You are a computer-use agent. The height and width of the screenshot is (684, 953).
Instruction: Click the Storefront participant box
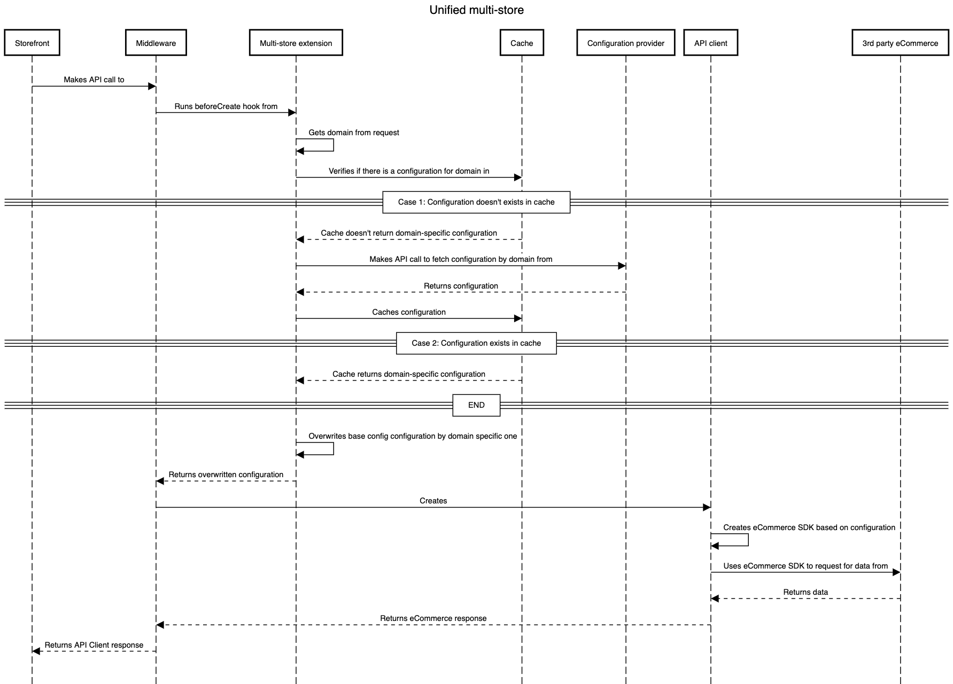click(x=32, y=43)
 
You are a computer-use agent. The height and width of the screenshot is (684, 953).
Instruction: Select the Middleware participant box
click(x=156, y=43)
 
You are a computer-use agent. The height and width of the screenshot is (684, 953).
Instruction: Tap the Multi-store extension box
click(x=296, y=43)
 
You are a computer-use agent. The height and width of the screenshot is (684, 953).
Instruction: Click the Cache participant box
click(x=522, y=43)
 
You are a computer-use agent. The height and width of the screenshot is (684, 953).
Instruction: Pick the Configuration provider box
click(x=625, y=43)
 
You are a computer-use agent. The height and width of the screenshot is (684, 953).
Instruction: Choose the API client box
click(x=710, y=43)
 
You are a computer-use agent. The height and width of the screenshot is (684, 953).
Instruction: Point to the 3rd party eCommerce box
click(x=900, y=43)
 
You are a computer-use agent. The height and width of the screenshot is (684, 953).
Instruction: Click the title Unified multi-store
click(x=476, y=10)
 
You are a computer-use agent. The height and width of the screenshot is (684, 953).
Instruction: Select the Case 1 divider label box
click(x=476, y=202)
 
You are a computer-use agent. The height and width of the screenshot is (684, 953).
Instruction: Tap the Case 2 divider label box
click(x=476, y=343)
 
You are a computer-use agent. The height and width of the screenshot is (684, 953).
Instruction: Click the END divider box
click(x=476, y=405)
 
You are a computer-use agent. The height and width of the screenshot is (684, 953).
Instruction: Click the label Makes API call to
click(x=94, y=80)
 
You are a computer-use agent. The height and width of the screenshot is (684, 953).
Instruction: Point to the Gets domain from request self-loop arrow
click(x=333, y=145)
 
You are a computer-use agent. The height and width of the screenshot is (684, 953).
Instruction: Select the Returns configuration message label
click(x=461, y=286)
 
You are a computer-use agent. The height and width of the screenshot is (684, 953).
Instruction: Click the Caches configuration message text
click(x=409, y=312)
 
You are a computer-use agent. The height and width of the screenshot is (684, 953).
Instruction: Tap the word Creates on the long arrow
click(x=433, y=501)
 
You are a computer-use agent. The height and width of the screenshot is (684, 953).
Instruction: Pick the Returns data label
click(x=805, y=592)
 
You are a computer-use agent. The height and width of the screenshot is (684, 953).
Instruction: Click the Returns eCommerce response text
click(x=433, y=618)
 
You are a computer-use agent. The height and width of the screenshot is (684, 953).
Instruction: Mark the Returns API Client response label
click(x=94, y=645)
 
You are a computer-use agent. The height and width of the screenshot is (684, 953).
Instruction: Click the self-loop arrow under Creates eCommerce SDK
click(x=748, y=540)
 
